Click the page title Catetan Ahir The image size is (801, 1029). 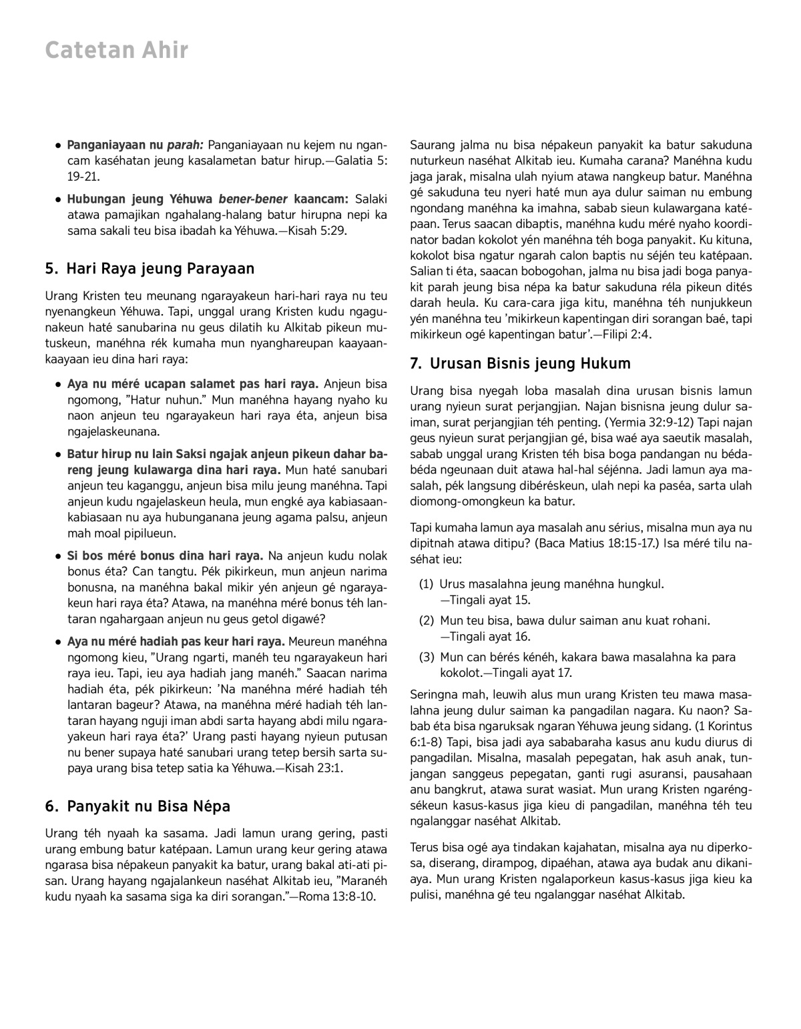coord(117,51)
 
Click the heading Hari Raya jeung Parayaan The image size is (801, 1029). coord(160,269)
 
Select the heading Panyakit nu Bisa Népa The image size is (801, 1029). coord(148,806)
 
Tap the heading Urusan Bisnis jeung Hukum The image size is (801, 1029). coord(530,363)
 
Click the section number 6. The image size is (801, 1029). coord(51,806)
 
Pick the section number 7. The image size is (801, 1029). coord(415,363)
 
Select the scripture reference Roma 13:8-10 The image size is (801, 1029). coord(338,897)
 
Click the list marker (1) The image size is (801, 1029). coord(427,584)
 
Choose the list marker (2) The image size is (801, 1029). coord(427,621)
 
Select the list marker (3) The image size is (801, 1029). coord(427,658)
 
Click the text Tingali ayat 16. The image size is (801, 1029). coord(489,637)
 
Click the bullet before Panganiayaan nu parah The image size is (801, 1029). coord(59,145)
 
